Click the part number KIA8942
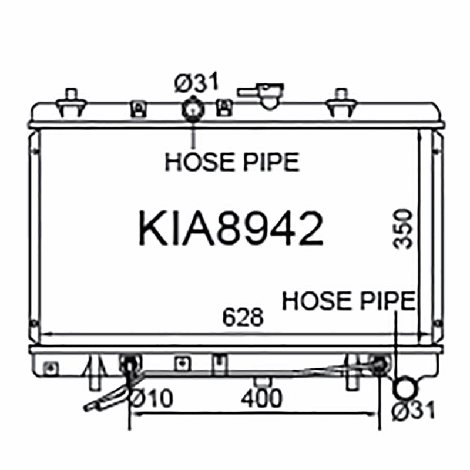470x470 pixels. tap(231, 228)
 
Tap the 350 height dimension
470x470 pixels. tap(403, 229)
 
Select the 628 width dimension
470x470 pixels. tap(243, 317)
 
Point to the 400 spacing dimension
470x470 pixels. tap(261, 398)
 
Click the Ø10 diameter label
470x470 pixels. tap(152, 398)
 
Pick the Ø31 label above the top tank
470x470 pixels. tap(196, 82)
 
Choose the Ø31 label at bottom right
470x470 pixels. tap(414, 410)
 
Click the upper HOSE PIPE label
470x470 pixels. tap(232, 162)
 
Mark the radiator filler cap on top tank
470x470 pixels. tap(264, 95)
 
